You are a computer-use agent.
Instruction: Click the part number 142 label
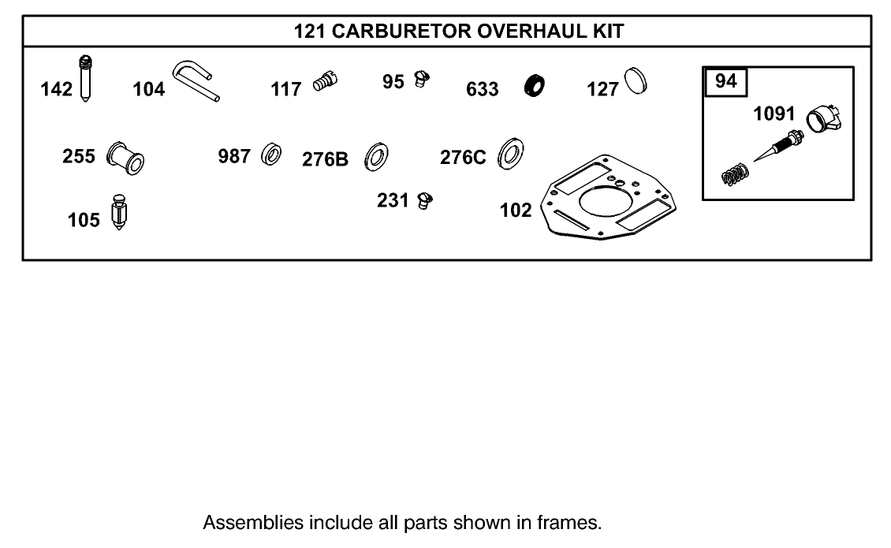[x=56, y=89]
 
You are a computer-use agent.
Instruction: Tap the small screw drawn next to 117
[x=325, y=80]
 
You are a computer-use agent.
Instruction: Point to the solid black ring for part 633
[x=536, y=85]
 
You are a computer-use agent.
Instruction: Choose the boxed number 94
[x=725, y=81]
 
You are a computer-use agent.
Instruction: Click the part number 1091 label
[x=774, y=114]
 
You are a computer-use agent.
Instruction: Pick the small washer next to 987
[x=273, y=154]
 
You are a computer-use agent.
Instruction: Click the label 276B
[x=325, y=159]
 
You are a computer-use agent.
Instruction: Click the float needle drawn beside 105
[x=120, y=211]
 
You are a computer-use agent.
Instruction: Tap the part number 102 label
[x=516, y=211]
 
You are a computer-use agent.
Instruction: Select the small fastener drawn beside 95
[x=422, y=80]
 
